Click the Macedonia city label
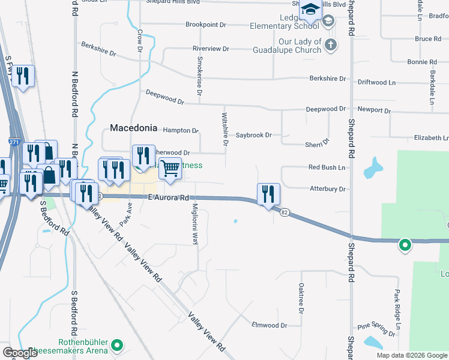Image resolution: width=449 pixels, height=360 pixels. [x=133, y=128]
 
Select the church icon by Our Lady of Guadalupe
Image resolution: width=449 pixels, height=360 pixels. [x=330, y=45]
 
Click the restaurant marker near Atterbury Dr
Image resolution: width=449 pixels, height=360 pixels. [x=268, y=194]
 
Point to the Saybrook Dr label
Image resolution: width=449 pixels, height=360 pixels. [x=254, y=135]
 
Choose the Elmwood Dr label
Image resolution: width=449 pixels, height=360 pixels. [x=270, y=325]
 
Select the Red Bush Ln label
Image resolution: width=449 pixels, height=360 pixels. [x=327, y=167]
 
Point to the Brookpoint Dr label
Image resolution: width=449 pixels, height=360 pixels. [x=205, y=25]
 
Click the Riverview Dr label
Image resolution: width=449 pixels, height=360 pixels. [x=211, y=48]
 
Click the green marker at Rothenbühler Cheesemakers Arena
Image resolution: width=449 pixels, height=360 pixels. [x=118, y=346]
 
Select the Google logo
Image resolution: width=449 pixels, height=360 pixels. [x=20, y=353]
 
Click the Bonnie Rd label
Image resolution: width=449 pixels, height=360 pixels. [x=421, y=62]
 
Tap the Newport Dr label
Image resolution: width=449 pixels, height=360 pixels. [x=373, y=111]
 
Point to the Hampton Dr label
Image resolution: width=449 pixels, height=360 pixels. [x=181, y=130]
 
